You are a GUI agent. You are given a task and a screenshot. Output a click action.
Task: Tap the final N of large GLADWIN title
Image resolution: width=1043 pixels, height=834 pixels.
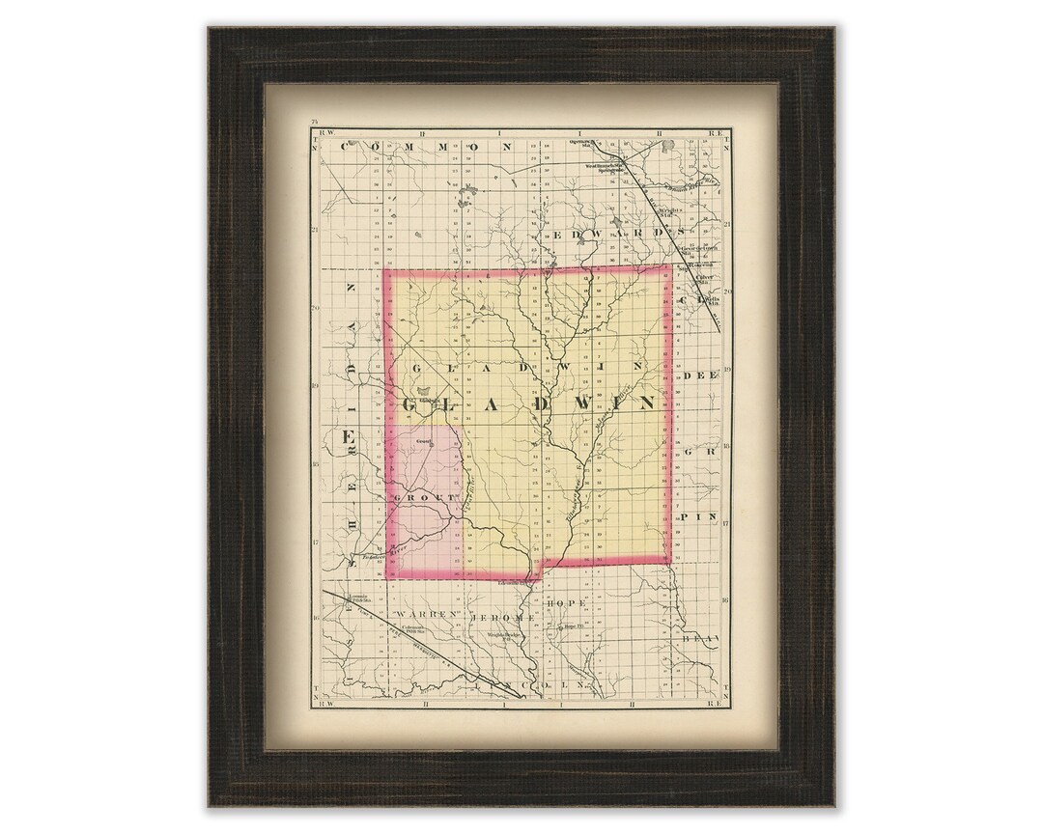644,401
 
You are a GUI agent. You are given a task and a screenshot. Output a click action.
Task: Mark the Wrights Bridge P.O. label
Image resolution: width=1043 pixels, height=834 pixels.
503,634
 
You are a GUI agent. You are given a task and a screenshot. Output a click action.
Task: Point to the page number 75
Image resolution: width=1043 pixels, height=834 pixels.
314,121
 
